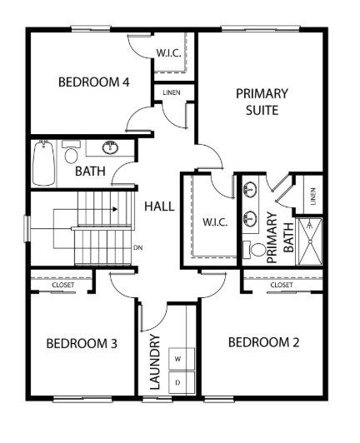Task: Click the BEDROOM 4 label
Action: [94, 82]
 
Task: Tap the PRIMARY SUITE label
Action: [262, 102]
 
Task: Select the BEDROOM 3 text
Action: [82, 344]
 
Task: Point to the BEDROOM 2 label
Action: [263, 342]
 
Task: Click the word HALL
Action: [159, 207]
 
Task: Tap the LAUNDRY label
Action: [155, 362]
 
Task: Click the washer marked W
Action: [182, 359]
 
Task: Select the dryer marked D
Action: [182, 382]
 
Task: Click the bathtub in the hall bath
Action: [43, 162]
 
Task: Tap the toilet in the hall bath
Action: [71, 152]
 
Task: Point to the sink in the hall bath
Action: [110, 147]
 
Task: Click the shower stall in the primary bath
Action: [310, 241]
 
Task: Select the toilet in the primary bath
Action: [254, 250]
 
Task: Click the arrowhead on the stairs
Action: [115, 209]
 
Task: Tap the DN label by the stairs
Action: [138, 248]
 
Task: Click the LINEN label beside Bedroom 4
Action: [172, 92]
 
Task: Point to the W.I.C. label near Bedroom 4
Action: [169, 53]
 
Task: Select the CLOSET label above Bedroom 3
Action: [63, 285]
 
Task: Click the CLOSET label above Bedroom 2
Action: [282, 285]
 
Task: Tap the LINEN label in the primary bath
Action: [313, 197]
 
